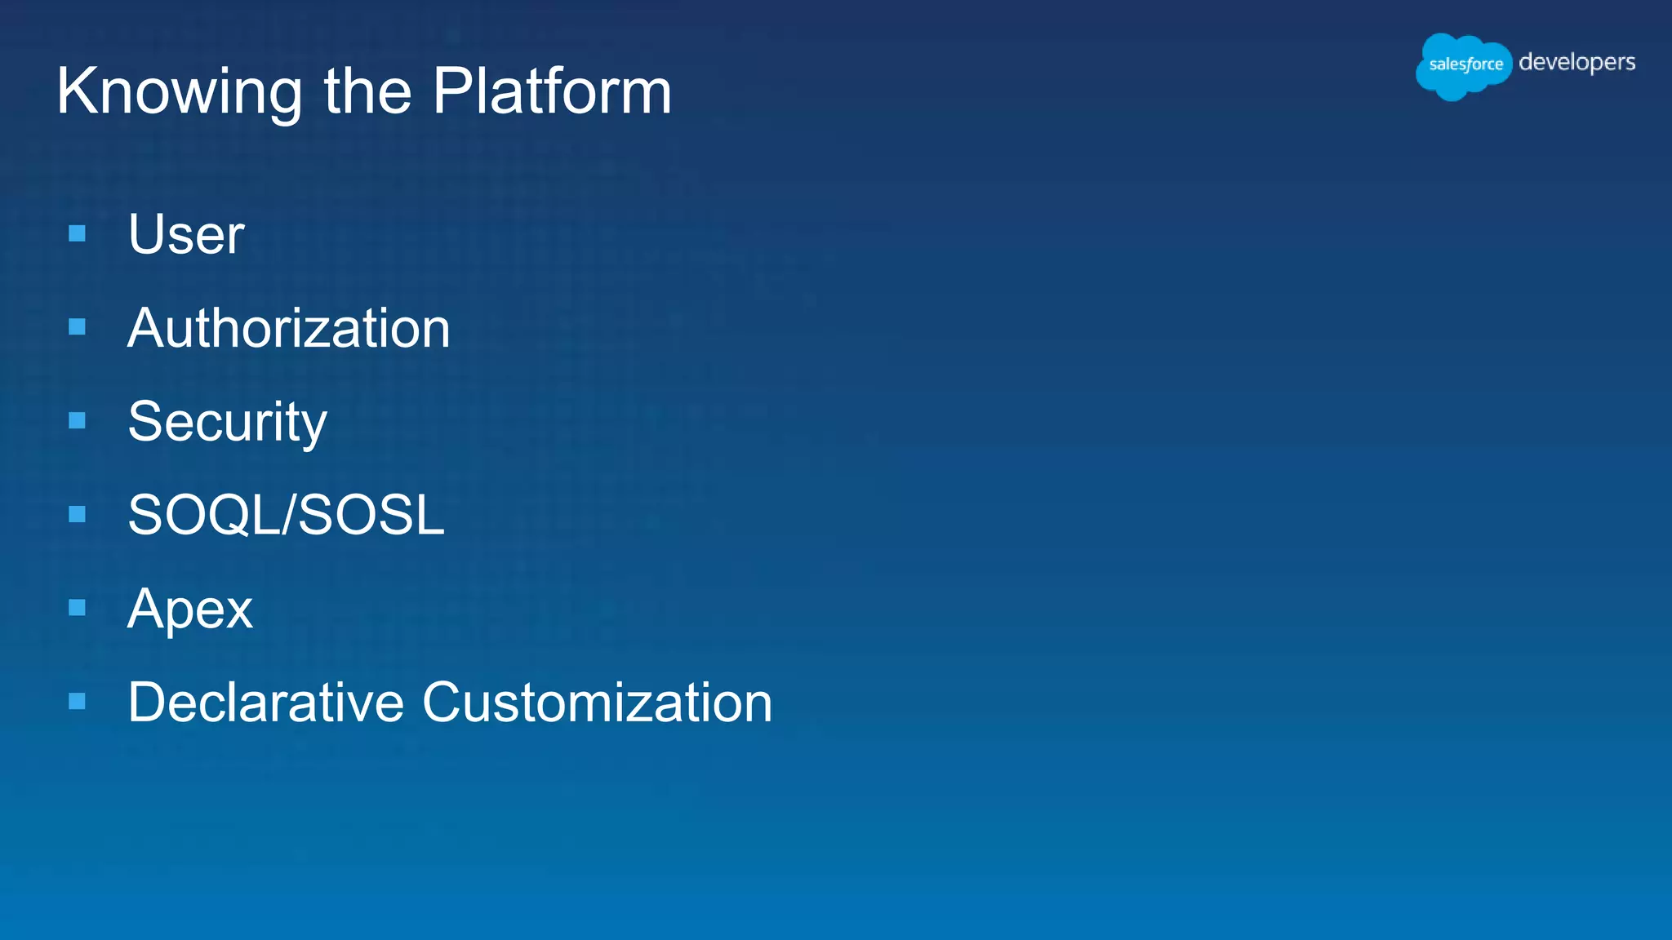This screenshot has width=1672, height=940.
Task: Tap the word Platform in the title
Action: (552, 91)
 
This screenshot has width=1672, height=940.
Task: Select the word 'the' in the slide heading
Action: (367, 91)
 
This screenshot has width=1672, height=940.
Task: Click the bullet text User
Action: (186, 235)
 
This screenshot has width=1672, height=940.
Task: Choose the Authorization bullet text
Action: (288, 329)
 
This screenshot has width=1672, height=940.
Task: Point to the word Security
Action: (227, 423)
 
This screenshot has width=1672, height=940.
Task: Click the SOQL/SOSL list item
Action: (286, 516)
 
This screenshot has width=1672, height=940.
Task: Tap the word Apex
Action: (190, 610)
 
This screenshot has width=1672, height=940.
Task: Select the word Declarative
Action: (266, 703)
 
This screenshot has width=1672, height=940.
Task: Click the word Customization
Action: (597, 703)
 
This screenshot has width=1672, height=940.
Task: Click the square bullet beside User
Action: (78, 234)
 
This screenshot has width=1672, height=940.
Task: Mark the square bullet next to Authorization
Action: (78, 327)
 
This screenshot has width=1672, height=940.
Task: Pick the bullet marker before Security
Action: (78, 421)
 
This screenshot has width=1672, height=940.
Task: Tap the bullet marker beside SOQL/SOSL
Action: (78, 514)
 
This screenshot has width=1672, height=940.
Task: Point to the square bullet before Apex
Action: (78, 608)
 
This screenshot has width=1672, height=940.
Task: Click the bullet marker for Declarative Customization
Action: (78, 701)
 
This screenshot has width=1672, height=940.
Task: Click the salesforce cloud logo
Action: (1464, 65)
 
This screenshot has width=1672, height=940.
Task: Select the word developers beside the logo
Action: (1576, 63)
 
